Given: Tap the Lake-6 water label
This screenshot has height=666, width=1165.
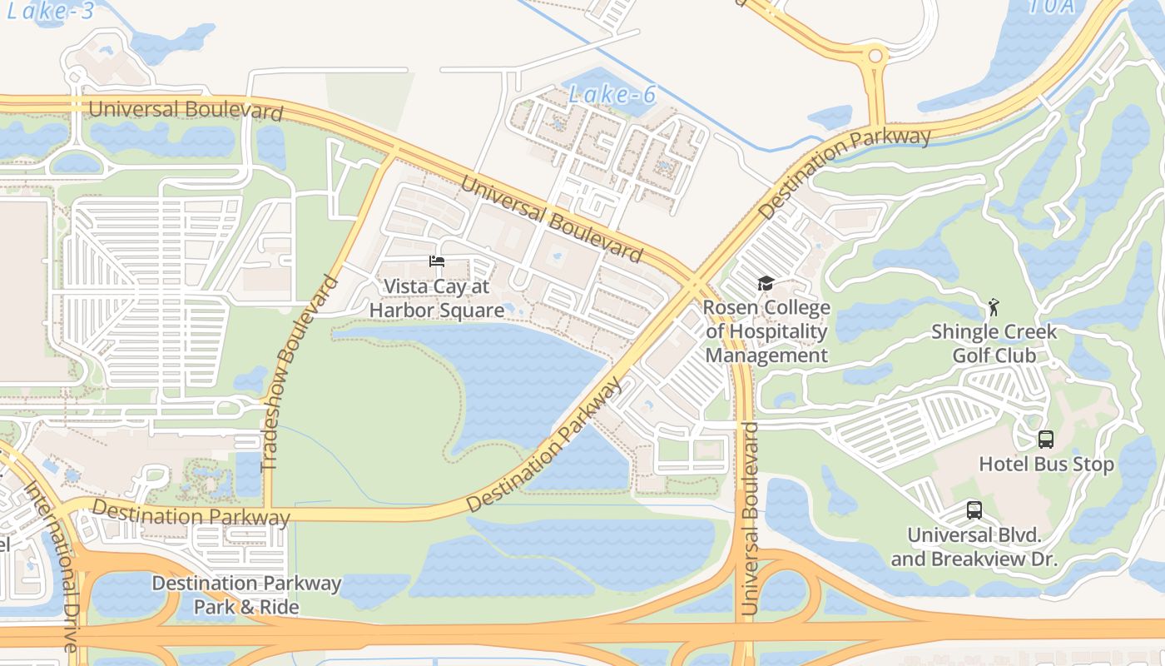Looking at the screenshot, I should pyautogui.click(x=612, y=95).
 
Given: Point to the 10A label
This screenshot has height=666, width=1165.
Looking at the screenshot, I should pyautogui.click(x=1052, y=7).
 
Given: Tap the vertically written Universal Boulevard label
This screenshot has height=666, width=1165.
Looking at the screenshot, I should pyautogui.click(x=751, y=519).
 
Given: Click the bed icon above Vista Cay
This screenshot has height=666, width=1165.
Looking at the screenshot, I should pyautogui.click(x=437, y=261).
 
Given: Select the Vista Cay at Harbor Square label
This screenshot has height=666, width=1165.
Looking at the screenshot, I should pyautogui.click(x=437, y=298).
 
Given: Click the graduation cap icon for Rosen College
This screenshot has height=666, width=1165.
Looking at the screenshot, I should pyautogui.click(x=766, y=284).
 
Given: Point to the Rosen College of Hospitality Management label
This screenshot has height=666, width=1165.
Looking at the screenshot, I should pyautogui.click(x=766, y=331).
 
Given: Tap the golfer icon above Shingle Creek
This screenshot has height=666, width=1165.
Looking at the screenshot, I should pyautogui.click(x=993, y=308).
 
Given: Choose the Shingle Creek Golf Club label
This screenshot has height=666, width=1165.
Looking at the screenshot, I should pyautogui.click(x=994, y=343).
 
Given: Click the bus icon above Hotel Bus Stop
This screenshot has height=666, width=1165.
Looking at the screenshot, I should pyautogui.click(x=1046, y=440).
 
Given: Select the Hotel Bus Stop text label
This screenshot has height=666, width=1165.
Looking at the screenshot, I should pyautogui.click(x=1046, y=464).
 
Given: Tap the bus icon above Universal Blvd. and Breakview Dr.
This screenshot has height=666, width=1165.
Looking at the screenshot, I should pyautogui.click(x=974, y=510).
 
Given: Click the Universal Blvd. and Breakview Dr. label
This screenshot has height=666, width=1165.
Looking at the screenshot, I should pyautogui.click(x=974, y=547).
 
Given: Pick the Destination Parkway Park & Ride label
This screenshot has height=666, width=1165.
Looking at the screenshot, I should pyautogui.click(x=246, y=594).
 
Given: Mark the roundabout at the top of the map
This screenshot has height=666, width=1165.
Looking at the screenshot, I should pyautogui.click(x=875, y=57).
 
